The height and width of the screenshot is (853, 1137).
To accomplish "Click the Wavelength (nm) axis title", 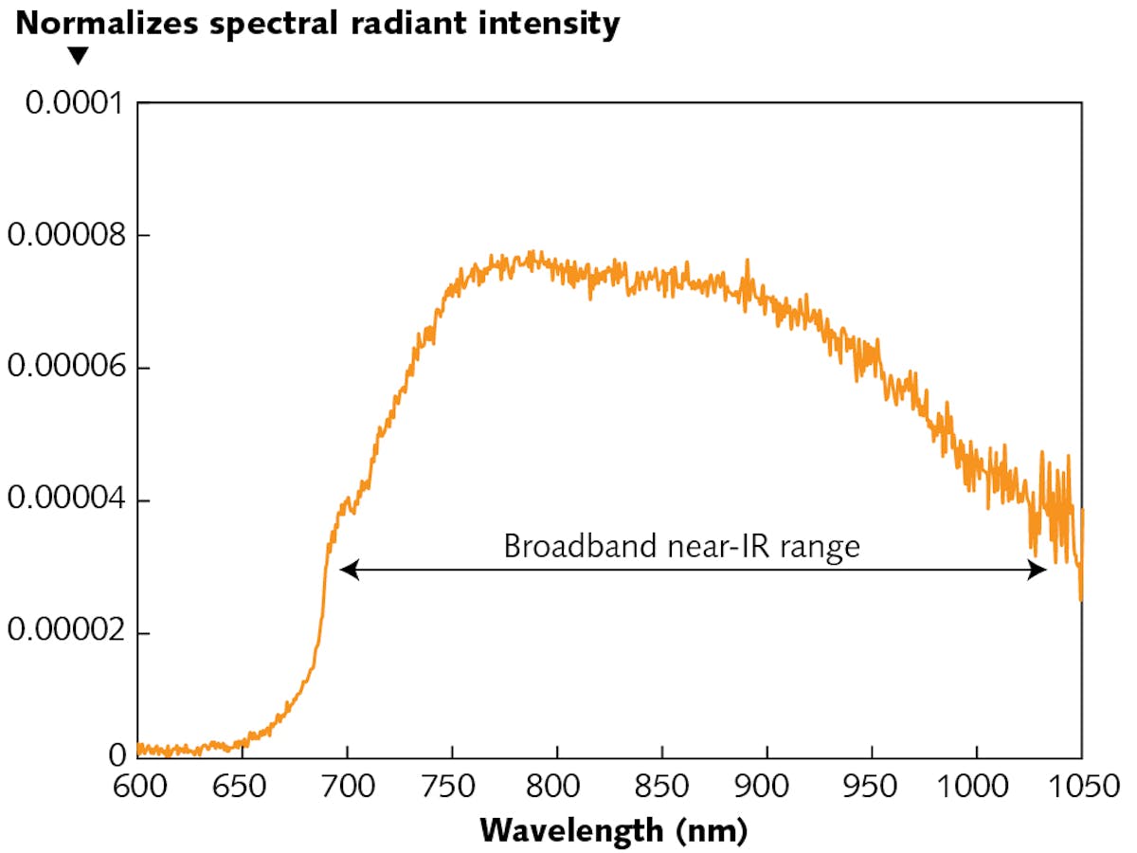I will pos(613,831).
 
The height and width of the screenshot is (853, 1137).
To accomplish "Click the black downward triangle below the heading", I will pos(79,58).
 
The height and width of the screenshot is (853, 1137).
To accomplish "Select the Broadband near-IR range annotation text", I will pos(681,547).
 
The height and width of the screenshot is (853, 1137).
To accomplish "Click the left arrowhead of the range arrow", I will pos(347,570).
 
